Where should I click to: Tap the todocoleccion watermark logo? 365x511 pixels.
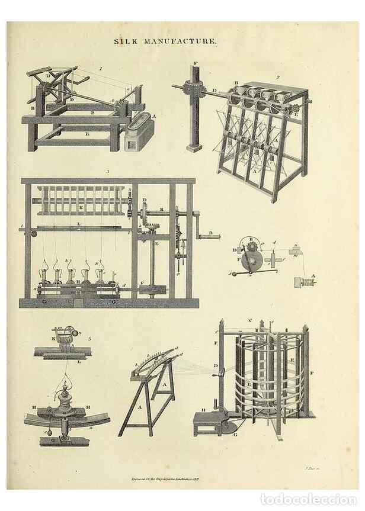(309, 500)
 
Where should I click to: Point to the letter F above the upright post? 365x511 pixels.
(196, 62)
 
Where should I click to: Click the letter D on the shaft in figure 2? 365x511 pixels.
(215, 90)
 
